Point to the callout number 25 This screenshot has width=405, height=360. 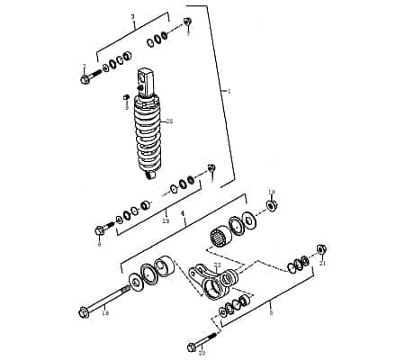tap(170, 121)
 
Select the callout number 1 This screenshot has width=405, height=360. tap(229, 91)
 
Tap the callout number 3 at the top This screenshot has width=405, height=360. tap(132, 17)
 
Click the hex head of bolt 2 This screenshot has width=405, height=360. tap(85, 79)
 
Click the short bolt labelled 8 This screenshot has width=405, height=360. tap(102, 229)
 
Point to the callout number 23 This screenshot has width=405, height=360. tap(165, 220)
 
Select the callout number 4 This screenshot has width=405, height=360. tap(183, 214)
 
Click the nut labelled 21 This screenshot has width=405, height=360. tap(321, 248)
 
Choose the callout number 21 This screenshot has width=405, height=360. tap(322, 263)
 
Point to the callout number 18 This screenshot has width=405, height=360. tap(105, 313)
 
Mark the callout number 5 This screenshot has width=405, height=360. tap(271, 312)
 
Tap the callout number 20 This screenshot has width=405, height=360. tap(202, 353)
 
